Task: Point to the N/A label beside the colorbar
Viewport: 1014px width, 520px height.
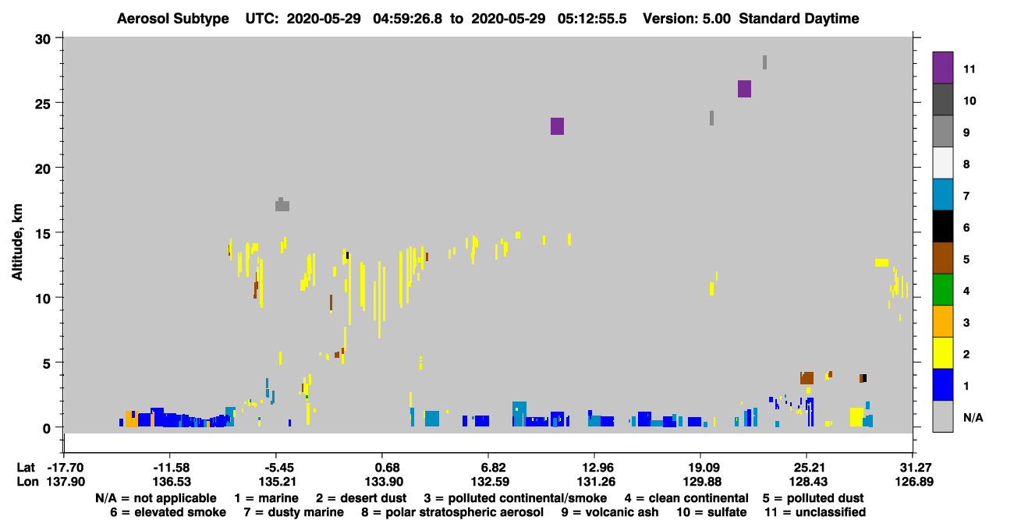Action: pyautogui.click(x=973, y=418)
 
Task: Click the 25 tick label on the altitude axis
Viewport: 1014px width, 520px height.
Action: pyautogui.click(x=43, y=104)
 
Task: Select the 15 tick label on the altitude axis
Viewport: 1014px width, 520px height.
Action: pyautogui.click(x=43, y=234)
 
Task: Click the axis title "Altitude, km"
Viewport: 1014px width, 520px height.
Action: pyautogui.click(x=17, y=242)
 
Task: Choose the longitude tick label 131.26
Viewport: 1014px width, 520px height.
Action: pyautogui.click(x=596, y=482)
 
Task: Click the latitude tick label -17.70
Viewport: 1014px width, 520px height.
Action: pyautogui.click(x=66, y=467)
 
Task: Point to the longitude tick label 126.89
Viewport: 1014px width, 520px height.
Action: pyautogui.click(x=914, y=482)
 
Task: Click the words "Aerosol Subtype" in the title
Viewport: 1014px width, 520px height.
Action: pyautogui.click(x=173, y=19)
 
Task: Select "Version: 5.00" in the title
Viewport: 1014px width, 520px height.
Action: pyautogui.click(x=686, y=19)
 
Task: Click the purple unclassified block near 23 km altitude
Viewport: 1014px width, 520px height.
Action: pyautogui.click(x=557, y=126)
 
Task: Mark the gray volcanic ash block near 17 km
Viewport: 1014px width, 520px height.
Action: pyautogui.click(x=282, y=205)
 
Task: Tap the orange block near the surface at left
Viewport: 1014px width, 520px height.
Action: pyautogui.click(x=131, y=419)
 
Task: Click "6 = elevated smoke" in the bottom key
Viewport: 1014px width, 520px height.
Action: pyautogui.click(x=168, y=512)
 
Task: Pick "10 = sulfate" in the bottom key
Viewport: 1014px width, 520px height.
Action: pyautogui.click(x=711, y=512)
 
